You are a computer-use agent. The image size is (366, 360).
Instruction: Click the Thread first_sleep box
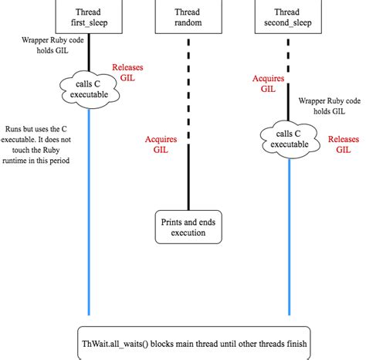click(x=89, y=16)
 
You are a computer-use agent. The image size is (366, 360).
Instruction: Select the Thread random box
click(x=188, y=16)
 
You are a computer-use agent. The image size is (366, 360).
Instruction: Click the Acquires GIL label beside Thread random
click(x=161, y=145)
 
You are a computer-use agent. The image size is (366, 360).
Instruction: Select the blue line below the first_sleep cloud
click(x=89, y=209)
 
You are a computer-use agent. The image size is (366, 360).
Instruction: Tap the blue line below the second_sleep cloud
click(x=290, y=232)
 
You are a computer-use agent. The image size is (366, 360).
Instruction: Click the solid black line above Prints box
click(x=188, y=178)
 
